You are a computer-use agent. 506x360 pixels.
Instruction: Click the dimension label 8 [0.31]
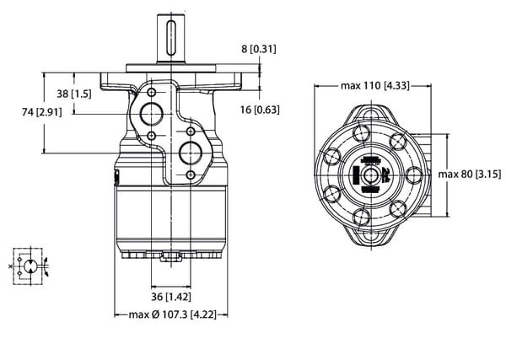259,49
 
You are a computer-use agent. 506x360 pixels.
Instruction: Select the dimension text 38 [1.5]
74,94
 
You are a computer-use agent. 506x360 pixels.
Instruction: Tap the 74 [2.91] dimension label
42,112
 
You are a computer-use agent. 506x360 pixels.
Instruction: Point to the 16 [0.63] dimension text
260,110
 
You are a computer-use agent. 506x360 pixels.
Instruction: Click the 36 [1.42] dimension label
171,297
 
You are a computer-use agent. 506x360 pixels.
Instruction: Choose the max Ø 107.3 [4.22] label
172,314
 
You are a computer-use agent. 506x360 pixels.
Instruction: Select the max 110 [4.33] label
375,85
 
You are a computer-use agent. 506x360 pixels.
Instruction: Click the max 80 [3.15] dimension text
470,175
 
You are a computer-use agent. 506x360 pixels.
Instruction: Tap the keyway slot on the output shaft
171,38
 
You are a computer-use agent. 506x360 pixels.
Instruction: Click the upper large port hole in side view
151,114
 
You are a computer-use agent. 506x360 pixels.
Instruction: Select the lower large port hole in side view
191,153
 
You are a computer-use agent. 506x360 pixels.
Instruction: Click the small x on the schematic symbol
10,266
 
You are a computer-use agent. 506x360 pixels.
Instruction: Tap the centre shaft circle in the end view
371,175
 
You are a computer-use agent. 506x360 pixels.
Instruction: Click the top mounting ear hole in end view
371,116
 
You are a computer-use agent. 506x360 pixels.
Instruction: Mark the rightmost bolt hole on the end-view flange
414,175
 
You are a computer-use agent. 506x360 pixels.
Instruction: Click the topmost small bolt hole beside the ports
151,93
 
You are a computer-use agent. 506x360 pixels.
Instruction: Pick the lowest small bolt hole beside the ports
191,175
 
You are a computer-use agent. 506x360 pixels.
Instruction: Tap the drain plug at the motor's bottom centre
171,256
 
